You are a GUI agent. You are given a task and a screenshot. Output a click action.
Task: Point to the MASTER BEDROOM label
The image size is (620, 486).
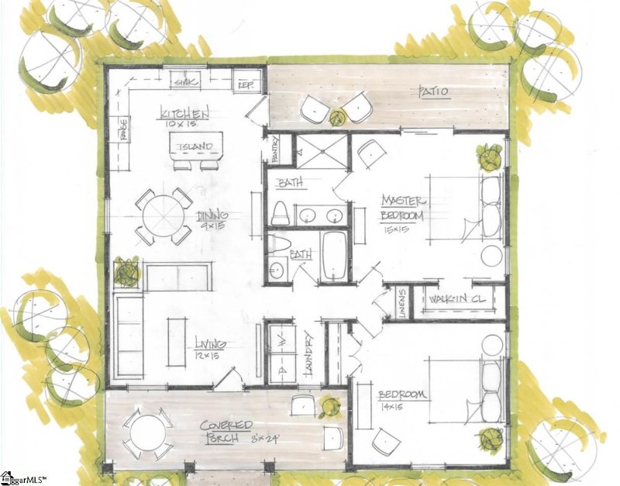(402, 207)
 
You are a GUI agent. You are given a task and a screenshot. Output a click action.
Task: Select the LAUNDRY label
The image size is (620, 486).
(309, 354)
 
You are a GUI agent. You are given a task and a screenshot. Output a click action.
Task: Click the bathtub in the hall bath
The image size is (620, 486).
(335, 255)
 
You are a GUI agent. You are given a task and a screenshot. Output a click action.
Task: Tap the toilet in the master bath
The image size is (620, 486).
(280, 212)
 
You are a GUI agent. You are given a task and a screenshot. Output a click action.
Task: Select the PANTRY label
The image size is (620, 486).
(274, 148)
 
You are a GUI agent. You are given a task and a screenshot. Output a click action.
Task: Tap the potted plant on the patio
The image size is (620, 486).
(336, 118)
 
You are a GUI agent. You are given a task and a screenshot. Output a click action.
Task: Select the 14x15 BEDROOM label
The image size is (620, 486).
(402, 396)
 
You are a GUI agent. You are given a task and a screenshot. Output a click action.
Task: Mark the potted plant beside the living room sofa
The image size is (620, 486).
(127, 272)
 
